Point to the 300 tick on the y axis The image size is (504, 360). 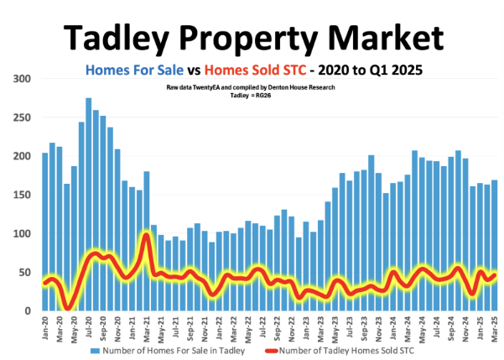[23, 78]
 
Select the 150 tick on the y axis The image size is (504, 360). [23, 195]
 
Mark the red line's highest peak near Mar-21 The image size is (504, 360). [146, 235]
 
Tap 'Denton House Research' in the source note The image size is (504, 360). [311, 87]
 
